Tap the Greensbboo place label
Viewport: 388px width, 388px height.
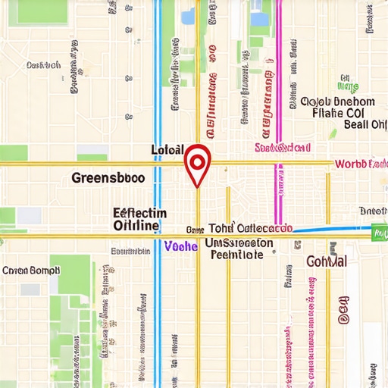tap(108, 180)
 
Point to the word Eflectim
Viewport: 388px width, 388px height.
tap(139, 213)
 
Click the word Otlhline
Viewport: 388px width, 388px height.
tap(136, 226)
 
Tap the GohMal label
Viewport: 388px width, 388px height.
tap(327, 261)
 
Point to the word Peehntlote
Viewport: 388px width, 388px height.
tap(236, 255)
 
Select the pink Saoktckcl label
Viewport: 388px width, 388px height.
tap(283, 147)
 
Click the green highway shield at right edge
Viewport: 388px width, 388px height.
tap(378, 233)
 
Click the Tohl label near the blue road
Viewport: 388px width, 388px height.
tap(221, 228)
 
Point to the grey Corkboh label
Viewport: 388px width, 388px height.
tap(43, 66)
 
